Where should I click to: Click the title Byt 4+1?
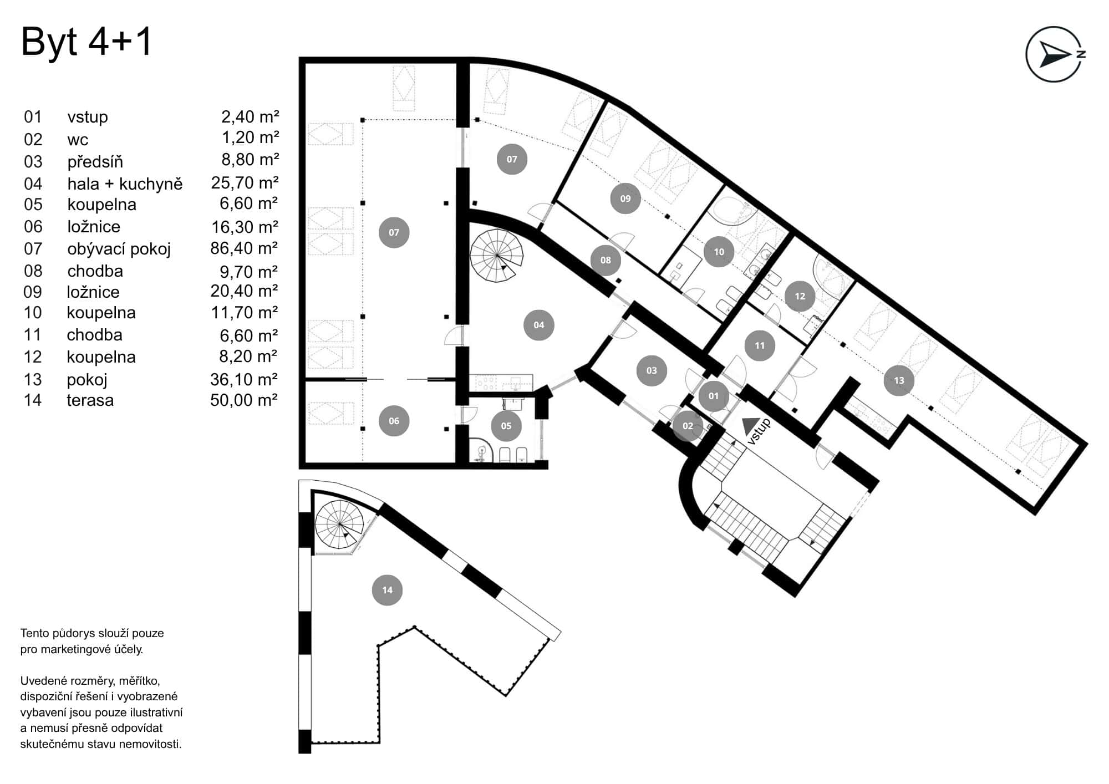[86, 42]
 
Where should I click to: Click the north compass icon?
[1055, 54]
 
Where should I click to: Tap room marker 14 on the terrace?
[387, 590]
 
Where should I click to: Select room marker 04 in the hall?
[538, 325]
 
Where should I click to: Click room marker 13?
[898, 380]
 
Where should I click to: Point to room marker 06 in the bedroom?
[394, 421]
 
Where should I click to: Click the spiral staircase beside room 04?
[497, 256]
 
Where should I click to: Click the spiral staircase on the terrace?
[339, 524]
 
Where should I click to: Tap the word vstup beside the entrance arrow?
[759, 432]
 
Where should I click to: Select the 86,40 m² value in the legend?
[244, 248]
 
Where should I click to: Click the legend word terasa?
[90, 400]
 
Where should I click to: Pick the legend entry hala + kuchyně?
[125, 184]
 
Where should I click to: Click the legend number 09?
[33, 292]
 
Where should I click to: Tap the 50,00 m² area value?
[244, 400]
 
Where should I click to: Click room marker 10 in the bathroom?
[719, 252]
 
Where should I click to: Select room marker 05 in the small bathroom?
[506, 426]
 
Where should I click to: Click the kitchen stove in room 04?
[486, 383]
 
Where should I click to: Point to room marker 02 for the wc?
[688, 426]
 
